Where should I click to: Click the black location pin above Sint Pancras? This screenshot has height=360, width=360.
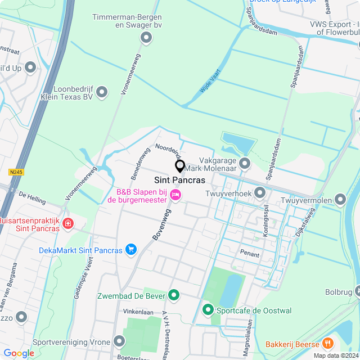coord(180,166)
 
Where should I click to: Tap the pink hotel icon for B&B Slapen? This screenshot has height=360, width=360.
coord(175,195)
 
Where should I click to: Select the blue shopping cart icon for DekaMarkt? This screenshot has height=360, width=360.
coord(131,249)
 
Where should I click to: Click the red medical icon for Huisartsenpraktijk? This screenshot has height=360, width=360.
coord(68,224)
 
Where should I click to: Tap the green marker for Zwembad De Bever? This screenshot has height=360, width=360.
coord(174,295)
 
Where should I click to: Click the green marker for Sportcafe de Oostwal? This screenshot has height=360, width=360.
coord(208,310)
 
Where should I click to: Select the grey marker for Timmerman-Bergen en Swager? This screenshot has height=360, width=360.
coord(146,38)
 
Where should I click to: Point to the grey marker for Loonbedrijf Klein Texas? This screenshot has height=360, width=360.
coord(102,92)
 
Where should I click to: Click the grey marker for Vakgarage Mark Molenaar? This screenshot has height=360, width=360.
coord(245,164)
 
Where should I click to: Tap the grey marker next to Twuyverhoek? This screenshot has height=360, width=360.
coord(259,193)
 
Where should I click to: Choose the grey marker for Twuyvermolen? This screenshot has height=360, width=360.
coord(340,199)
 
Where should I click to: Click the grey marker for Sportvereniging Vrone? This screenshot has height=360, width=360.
coord(119,341)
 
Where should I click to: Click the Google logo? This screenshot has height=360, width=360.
coord(19,353)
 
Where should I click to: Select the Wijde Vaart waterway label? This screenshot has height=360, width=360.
coord(210,80)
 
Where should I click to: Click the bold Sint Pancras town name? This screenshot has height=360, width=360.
coord(179,181)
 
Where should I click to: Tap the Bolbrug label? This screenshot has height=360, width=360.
coord(338,292)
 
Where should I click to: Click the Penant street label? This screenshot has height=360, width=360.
coord(250,254)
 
